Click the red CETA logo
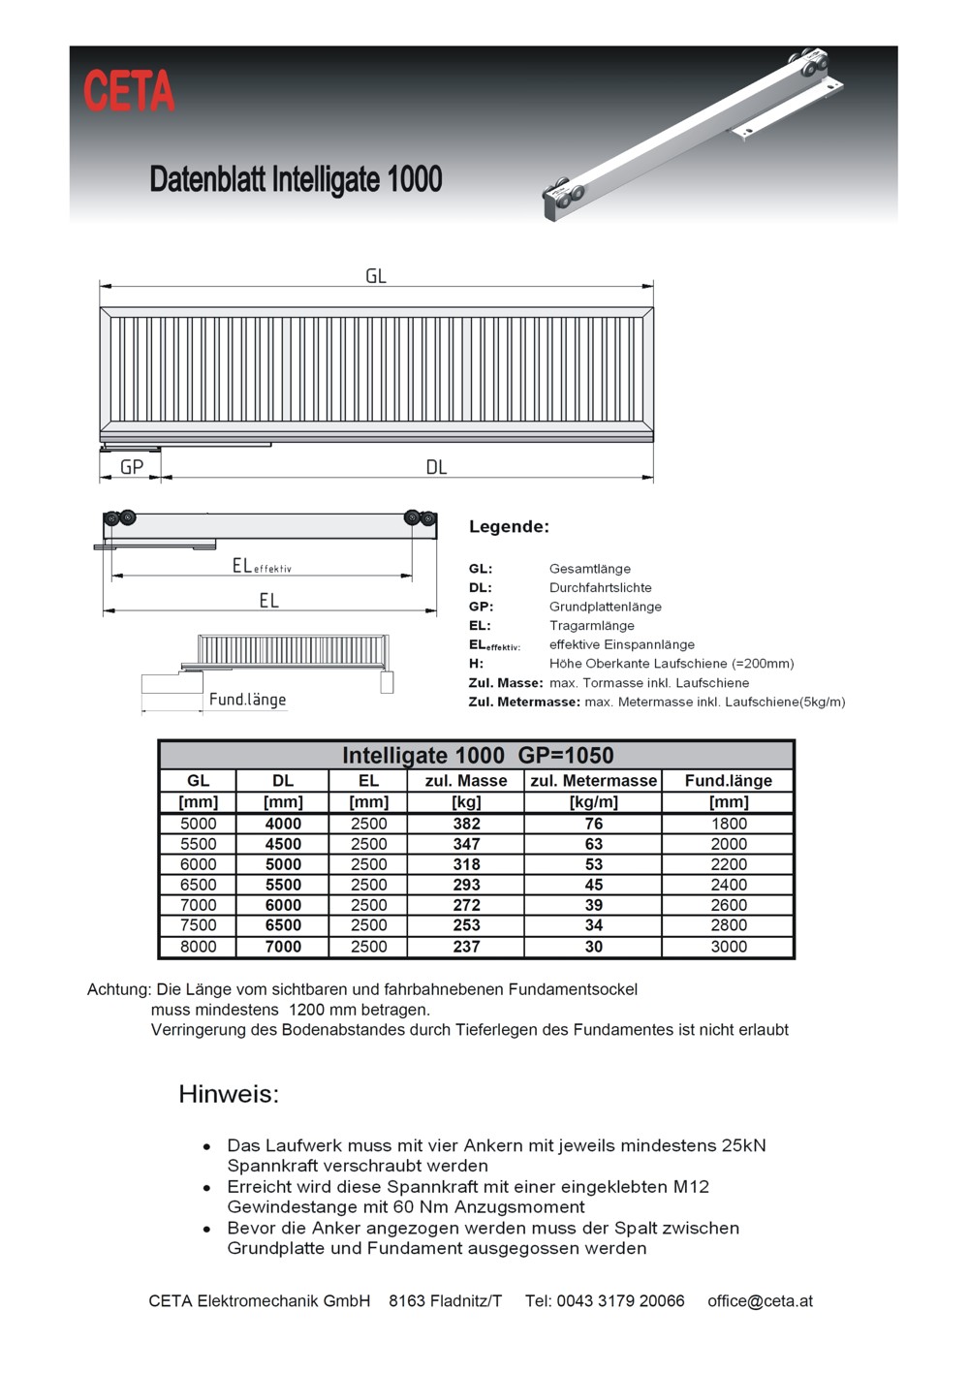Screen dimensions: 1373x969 129,91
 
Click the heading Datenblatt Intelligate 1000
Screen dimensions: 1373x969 296,179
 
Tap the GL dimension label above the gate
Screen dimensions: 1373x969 376,276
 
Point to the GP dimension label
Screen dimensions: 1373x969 132,467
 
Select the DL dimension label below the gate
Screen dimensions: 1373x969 436,467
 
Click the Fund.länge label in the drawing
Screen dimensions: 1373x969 247,700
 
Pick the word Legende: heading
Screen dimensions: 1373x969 509,527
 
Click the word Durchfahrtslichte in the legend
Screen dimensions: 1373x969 600,587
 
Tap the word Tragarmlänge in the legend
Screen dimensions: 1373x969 591,625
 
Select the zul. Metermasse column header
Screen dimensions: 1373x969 593,780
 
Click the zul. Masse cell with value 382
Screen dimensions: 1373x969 466,824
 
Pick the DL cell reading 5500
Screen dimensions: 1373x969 283,885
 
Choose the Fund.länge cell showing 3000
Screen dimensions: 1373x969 729,947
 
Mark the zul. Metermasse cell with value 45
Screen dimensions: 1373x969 593,885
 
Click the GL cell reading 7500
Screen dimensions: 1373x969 199,925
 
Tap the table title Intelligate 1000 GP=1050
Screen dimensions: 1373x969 478,755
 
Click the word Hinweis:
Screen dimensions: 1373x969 229,1094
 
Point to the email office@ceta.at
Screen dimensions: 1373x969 760,1300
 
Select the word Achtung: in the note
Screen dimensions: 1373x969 119,989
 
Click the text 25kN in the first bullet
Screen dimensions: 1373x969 743,1145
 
